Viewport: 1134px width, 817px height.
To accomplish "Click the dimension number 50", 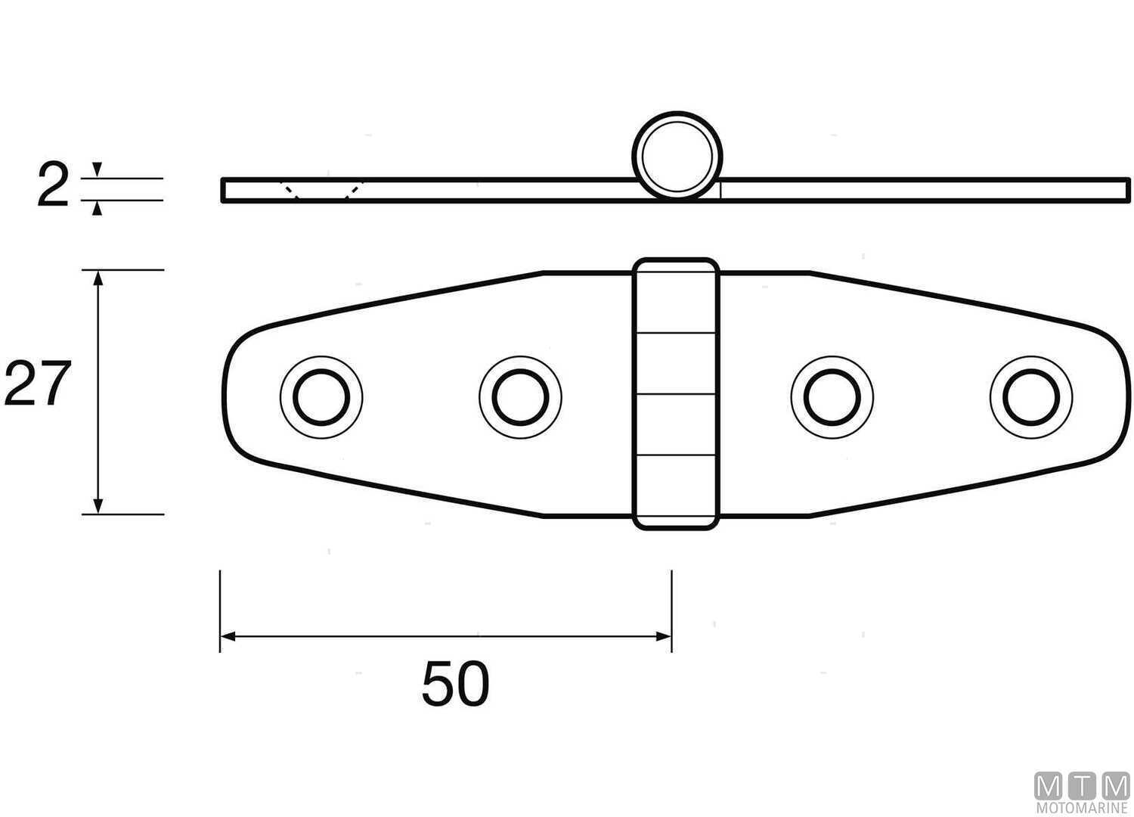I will point(455,684).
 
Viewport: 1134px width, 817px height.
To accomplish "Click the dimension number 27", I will point(38,384).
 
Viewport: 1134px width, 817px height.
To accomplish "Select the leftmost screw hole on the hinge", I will point(321,396).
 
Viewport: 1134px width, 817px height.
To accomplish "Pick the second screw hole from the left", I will point(520,396).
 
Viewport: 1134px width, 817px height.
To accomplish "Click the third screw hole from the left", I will point(832,396).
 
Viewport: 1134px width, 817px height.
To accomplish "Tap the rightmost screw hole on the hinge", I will point(1030,396).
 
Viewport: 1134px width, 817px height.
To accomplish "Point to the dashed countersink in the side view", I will point(321,190).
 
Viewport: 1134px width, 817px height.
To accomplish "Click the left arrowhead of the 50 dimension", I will point(227,637).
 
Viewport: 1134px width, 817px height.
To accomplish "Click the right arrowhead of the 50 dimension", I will point(665,637).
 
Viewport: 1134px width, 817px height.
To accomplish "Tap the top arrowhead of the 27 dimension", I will point(97,278).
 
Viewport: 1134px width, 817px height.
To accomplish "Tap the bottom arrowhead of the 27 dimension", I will point(97,506).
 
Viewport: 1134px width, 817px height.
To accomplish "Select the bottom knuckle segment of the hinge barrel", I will point(675,490).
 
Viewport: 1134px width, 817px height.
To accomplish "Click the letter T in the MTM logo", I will point(1082,787).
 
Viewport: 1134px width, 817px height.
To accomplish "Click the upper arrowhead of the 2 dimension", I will point(96,168).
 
